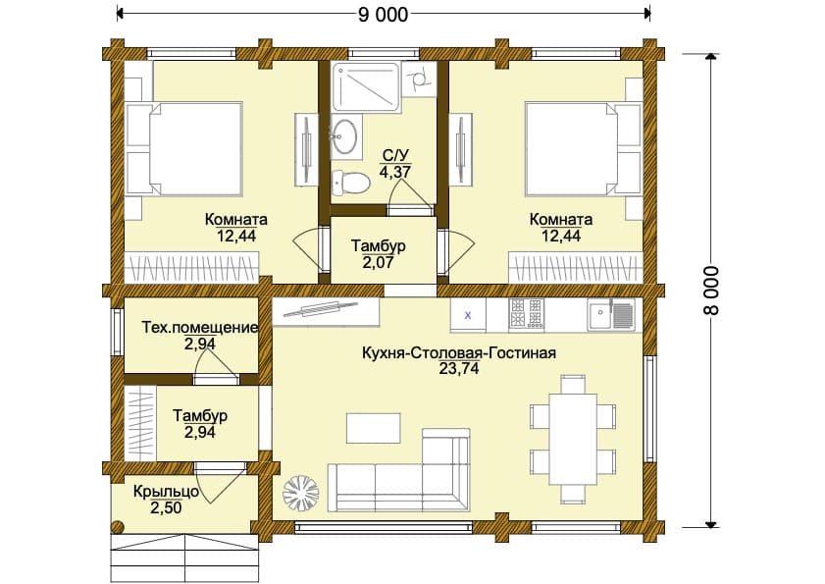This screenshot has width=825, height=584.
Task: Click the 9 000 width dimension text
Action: (383, 15)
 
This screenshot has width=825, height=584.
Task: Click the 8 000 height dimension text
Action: (710, 291)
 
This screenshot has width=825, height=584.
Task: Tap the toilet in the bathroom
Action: (351, 183)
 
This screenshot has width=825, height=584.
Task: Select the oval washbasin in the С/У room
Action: (345, 135)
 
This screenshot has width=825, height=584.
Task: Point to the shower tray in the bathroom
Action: (366, 87)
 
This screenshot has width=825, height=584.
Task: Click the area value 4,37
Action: (395, 171)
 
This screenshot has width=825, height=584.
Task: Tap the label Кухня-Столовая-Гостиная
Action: (459, 352)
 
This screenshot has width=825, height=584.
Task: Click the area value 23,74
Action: (459, 369)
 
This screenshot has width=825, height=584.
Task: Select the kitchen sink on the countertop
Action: (611, 315)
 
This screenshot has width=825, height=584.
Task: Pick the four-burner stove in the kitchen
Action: (526, 314)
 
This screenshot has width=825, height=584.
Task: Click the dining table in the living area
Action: (573, 439)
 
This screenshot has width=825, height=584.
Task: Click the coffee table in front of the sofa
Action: (374, 428)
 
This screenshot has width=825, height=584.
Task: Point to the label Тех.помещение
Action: (200, 328)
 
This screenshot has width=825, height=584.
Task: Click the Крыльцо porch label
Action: (166, 492)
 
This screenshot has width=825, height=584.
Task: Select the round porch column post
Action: (118, 526)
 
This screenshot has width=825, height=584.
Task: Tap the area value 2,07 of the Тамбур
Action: (379, 262)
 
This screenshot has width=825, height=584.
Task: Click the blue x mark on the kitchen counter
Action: (468, 315)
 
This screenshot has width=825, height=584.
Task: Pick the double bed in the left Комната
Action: (184, 149)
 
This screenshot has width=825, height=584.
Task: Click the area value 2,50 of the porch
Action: (166, 508)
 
